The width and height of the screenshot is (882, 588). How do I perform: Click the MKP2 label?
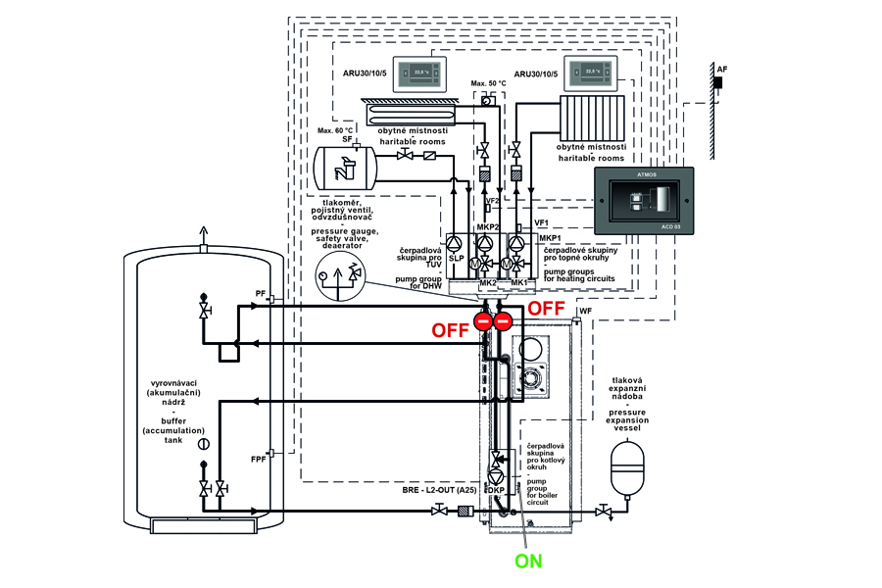pyautogui.click(x=488, y=227)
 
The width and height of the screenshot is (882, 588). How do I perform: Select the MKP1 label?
pyautogui.click(x=549, y=238)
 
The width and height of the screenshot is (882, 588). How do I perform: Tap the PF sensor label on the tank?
pyautogui.click(x=260, y=292)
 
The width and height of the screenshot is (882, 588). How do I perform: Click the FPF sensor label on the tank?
pyautogui.click(x=258, y=459)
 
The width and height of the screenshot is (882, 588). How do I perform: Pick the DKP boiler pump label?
pyautogui.click(x=496, y=490)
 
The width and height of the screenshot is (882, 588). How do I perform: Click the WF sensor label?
pyautogui.click(x=586, y=311)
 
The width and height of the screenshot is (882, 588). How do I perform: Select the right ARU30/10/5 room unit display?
pyautogui.click(x=593, y=73)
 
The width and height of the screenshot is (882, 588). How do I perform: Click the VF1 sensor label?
pyautogui.click(x=541, y=222)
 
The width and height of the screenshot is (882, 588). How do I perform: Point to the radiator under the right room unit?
pyautogui.click(x=592, y=119)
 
